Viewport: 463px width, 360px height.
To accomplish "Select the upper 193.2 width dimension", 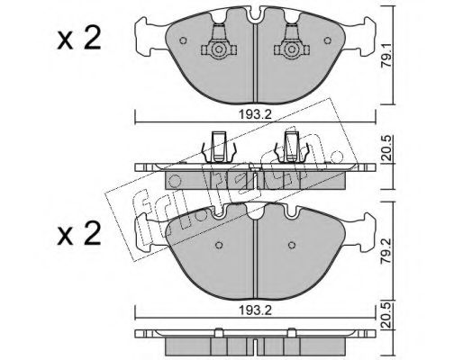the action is [255, 114].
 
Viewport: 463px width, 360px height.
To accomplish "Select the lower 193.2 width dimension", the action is [255, 310].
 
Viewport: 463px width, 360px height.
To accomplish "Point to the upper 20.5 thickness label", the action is [387, 148].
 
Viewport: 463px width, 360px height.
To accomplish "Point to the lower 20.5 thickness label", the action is [387, 316].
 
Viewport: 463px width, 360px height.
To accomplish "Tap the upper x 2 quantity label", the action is [79, 39].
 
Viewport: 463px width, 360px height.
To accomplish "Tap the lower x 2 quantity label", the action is [79, 234].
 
